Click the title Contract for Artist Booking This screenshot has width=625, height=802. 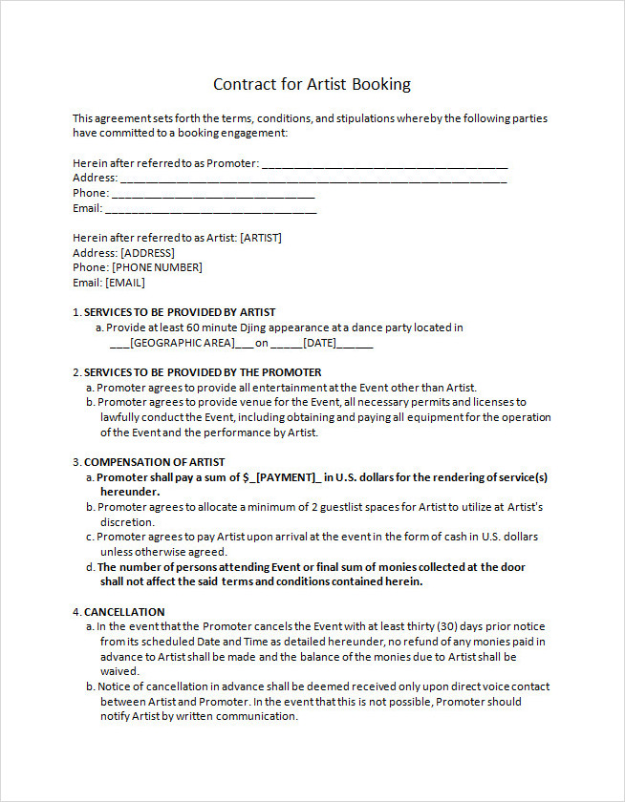[312, 84]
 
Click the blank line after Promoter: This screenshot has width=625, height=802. [384, 163]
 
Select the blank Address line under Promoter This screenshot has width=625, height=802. [313, 179]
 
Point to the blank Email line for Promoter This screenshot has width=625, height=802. [210, 209]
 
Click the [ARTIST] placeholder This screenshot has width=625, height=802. [260, 238]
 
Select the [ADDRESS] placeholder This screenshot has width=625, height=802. [147, 253]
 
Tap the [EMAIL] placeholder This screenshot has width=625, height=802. [125, 284]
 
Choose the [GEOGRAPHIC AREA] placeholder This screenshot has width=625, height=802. [182, 343]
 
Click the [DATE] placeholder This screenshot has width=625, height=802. [319, 343]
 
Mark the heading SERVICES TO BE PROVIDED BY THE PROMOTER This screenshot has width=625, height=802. [203, 372]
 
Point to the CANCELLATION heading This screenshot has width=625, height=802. [124, 612]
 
